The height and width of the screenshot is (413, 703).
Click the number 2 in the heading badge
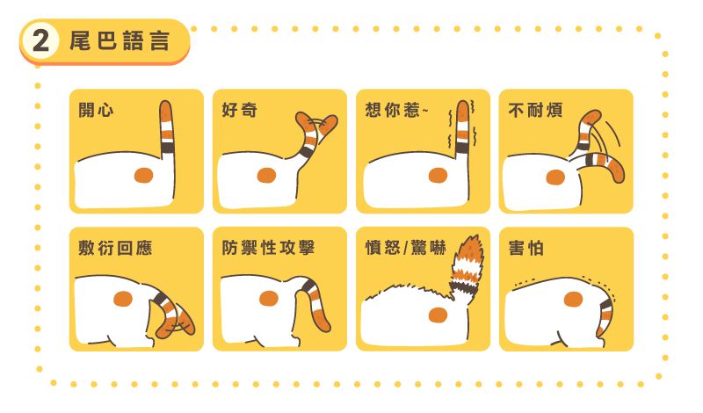point(40,40)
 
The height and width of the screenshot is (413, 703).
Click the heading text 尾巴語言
point(120,40)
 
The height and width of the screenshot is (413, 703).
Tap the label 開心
point(96,110)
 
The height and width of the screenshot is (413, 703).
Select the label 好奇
point(239,110)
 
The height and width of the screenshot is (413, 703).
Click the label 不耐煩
point(535,110)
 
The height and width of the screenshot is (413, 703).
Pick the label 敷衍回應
point(115,248)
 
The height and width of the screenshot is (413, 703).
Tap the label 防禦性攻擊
point(268,248)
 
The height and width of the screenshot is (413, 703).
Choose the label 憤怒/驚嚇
point(405,248)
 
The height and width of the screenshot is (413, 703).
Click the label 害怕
point(525,248)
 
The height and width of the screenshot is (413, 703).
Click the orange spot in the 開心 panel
point(143,175)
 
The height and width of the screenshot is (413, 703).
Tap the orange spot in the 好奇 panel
point(266,176)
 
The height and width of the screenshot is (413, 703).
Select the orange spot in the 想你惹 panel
point(438,176)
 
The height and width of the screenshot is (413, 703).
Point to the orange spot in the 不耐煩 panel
point(555,178)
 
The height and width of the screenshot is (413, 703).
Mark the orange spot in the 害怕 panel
point(573,299)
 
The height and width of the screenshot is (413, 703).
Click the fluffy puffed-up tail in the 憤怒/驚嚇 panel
point(467,269)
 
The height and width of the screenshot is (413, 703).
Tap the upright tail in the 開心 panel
point(166,127)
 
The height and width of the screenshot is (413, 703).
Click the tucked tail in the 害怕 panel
point(605,314)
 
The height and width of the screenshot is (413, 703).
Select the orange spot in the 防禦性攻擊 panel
point(269,298)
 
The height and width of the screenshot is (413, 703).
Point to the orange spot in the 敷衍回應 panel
point(123,299)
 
